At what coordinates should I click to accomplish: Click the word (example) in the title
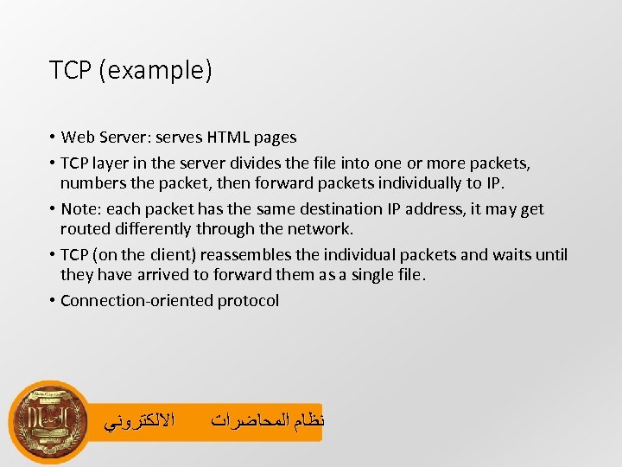click(155, 71)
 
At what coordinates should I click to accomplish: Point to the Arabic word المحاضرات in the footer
click(245, 422)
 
